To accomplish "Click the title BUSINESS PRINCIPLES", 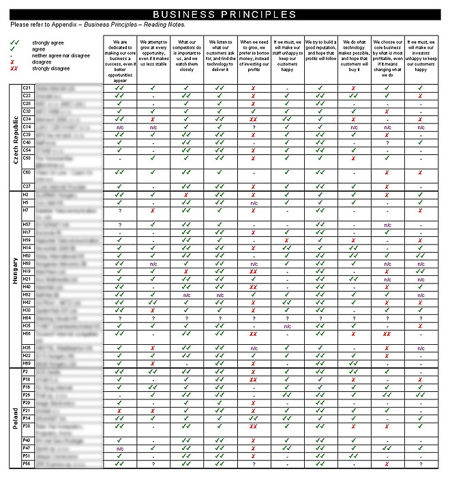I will (224, 14).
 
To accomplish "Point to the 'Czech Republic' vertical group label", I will (16, 137).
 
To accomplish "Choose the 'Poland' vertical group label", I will (16, 418).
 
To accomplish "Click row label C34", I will (27, 119).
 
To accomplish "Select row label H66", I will (27, 334).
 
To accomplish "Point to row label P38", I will (27, 425).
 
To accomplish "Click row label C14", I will (27, 126).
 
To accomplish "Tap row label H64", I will (27, 318).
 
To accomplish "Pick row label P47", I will (27, 448).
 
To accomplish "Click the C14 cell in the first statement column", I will (120, 127).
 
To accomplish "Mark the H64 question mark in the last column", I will (420, 318).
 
